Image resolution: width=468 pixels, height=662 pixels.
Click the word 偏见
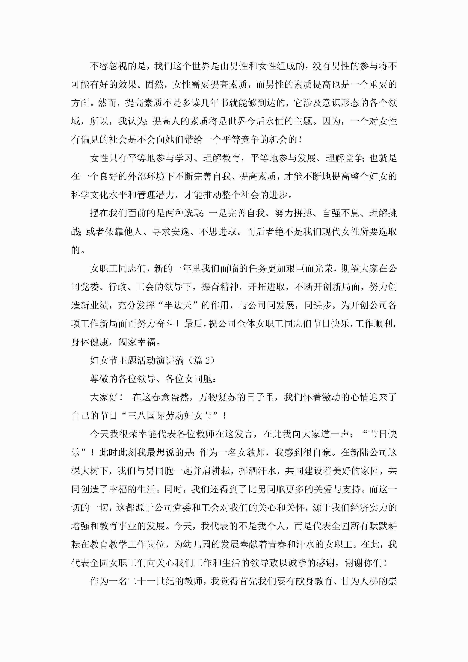(x=90, y=140)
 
